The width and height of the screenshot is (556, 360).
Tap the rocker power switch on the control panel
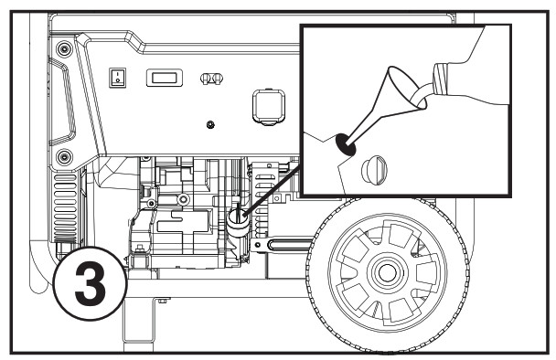[x=117, y=79]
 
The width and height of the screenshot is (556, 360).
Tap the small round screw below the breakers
[x=211, y=123]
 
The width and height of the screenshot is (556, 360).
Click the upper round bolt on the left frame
[x=63, y=48]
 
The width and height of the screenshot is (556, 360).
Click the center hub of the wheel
[x=385, y=271]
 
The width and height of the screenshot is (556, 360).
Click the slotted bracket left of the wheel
[x=289, y=245]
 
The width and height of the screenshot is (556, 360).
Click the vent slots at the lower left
[x=69, y=209]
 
